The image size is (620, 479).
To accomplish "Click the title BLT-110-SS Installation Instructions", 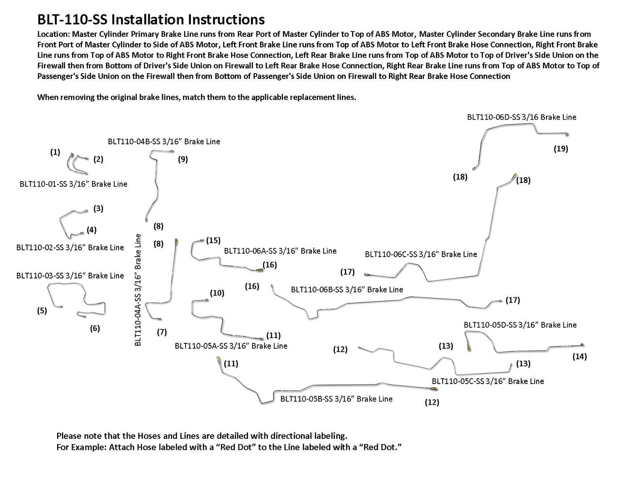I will (x=151, y=19).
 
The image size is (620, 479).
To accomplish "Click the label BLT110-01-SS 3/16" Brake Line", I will (x=74, y=184).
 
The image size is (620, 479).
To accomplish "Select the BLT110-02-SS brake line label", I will (x=70, y=247).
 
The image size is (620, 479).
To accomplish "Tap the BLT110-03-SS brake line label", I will (x=70, y=276).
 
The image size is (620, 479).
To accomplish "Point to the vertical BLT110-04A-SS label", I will (x=138, y=290).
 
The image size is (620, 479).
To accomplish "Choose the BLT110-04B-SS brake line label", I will (x=164, y=142).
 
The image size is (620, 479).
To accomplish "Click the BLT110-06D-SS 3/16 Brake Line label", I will (x=522, y=117).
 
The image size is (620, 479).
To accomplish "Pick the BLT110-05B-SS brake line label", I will (x=336, y=399).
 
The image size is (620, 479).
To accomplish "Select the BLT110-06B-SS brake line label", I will (x=347, y=290).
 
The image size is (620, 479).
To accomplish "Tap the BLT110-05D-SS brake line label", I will (x=520, y=325).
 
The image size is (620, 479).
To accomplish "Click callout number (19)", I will (x=560, y=149).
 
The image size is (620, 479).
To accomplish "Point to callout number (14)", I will (x=579, y=357).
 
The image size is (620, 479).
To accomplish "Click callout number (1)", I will (x=55, y=152).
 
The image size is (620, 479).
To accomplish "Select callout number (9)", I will (x=183, y=159).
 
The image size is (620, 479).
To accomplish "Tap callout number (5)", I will (x=42, y=311).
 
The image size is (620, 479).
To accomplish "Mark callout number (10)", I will (x=217, y=293).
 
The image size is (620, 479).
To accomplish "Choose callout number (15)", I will (x=213, y=240).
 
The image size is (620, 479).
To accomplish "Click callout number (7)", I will (x=162, y=332).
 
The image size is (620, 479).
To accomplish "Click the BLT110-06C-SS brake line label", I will (x=421, y=254).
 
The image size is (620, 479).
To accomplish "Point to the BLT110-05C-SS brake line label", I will (x=488, y=381).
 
